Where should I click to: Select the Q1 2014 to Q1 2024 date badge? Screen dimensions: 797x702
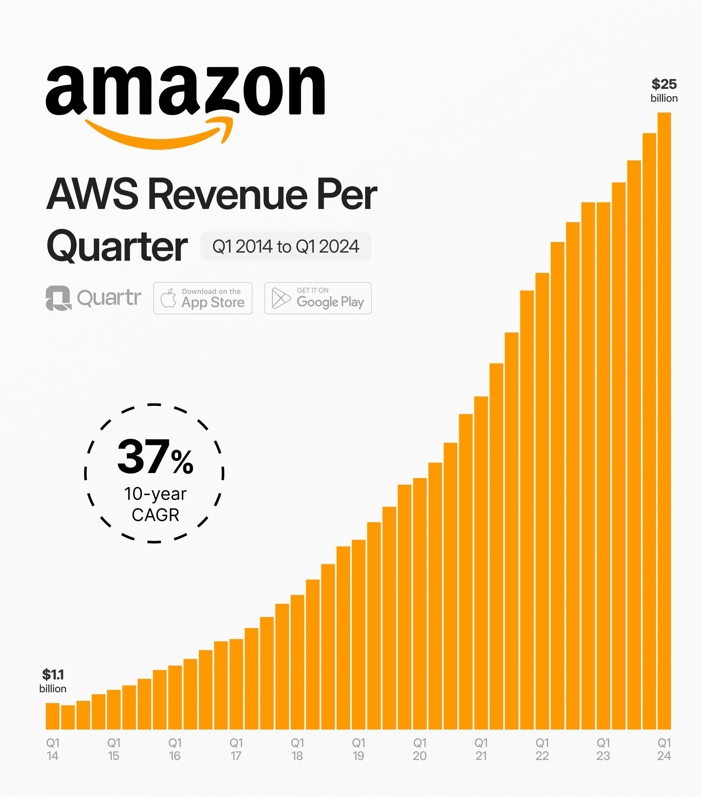coord(286,246)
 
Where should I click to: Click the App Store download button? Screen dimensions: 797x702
coord(203,298)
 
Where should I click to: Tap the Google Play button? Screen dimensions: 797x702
coord(318,298)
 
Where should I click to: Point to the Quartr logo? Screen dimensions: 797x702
coord(94,298)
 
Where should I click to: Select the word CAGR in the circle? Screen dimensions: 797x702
coord(155,515)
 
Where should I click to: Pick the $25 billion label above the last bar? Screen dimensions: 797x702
coord(664,90)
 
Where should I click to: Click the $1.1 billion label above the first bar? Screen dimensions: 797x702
coord(53,681)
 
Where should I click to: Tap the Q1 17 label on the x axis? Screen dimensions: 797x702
coord(236,749)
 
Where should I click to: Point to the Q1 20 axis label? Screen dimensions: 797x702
coord(419,749)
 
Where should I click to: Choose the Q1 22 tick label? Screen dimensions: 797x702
coord(542,749)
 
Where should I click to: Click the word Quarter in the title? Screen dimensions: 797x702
coord(117,246)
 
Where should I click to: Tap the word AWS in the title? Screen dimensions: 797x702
coord(92,194)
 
